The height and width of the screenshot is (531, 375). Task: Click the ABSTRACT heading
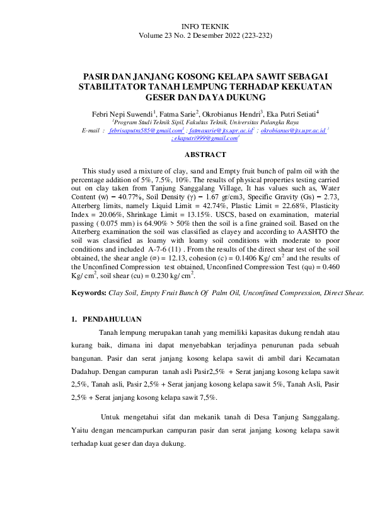coord(205,154)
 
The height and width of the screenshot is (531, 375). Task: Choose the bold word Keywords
coord(88,293)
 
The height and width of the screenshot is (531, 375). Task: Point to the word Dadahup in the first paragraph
coord(86,372)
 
